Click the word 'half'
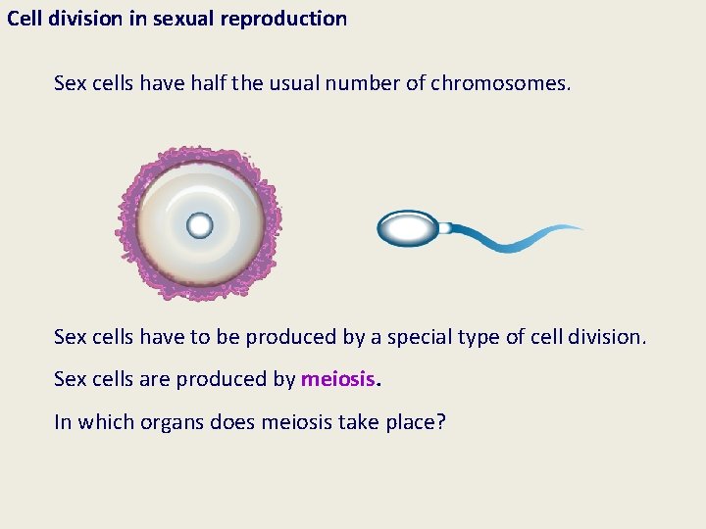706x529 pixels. [x=222, y=83]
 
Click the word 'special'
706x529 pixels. [x=419, y=337]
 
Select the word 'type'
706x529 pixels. [x=482, y=337]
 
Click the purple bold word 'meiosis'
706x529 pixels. [x=338, y=379]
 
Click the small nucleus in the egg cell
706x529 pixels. [x=200, y=226]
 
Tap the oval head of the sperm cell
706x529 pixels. [x=408, y=229]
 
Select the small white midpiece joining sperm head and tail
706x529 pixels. [x=444, y=228]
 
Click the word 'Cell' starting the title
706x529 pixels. [x=26, y=19]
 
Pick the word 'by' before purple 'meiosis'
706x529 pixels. [x=283, y=379]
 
